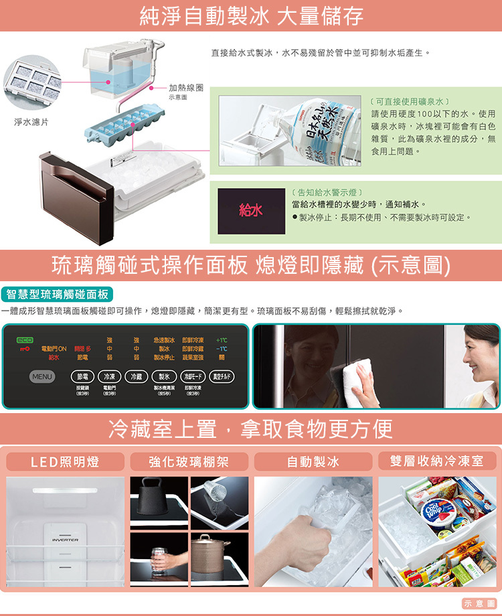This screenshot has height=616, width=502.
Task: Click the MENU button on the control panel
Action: [41, 377]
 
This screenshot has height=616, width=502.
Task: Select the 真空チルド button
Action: [222, 377]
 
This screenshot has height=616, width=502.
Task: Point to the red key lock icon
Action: [25, 348]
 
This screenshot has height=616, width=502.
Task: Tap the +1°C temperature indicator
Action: [222, 339]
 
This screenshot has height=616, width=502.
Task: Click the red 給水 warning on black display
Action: [251, 211]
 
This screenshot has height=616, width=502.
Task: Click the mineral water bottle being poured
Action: [321, 131]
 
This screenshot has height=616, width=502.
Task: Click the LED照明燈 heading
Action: [65, 462]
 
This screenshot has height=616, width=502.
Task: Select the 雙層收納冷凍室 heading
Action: [438, 461]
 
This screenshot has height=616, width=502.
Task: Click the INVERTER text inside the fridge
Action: [65, 540]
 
